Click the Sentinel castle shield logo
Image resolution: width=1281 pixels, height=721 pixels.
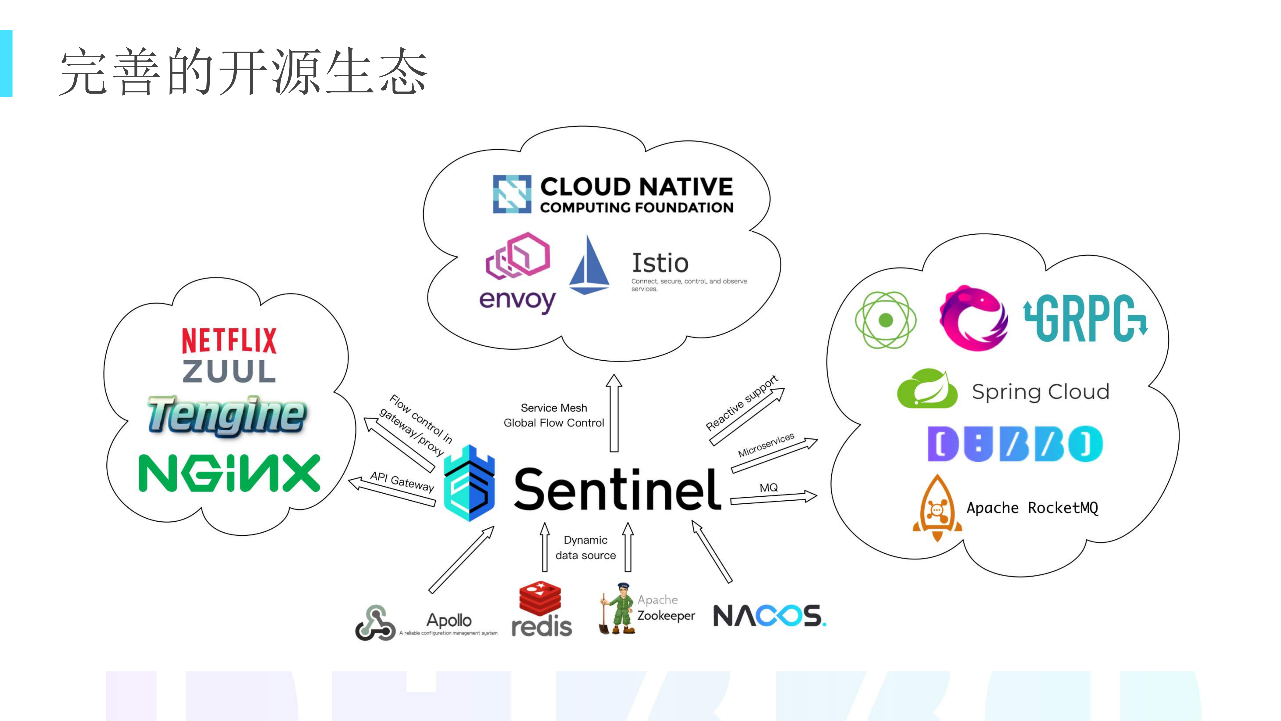coord(469,484)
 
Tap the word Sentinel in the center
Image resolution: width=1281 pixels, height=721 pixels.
coord(617,490)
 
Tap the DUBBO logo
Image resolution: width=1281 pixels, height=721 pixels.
coord(1014,444)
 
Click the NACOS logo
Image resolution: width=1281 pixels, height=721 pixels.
coord(769,616)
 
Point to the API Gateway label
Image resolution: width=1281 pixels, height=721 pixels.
coord(402,481)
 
